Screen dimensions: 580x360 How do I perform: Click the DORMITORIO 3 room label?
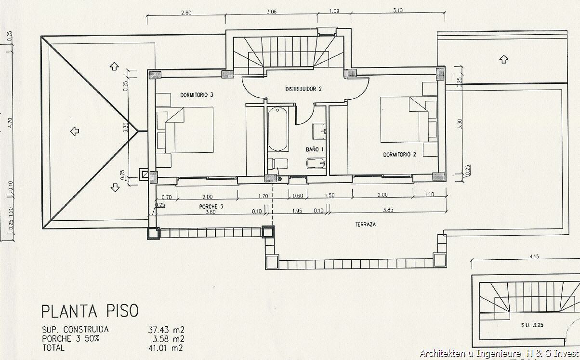coord(197,95)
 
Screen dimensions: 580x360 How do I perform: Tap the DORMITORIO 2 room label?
coord(399,155)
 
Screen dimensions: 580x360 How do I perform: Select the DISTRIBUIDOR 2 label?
coord(303,89)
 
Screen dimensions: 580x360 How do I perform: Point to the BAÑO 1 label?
coord(315,149)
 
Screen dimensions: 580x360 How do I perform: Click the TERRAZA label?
coord(365,225)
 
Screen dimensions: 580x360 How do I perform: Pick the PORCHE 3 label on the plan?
coord(211,207)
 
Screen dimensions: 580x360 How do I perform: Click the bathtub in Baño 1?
coord(277,129)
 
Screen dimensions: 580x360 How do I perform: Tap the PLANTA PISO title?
coord(90,311)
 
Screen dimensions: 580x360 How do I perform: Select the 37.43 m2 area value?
coord(166,330)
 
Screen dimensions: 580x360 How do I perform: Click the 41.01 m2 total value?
coord(166,348)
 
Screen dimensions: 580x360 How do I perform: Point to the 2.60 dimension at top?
coord(186,13)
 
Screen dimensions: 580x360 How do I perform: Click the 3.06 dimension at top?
coord(272,12)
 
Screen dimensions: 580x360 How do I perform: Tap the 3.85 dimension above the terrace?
coord(388,210)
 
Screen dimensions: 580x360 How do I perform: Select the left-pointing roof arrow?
coord(75,131)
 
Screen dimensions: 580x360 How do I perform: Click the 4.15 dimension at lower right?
coord(534,256)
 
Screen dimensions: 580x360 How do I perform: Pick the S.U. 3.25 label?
coord(532,325)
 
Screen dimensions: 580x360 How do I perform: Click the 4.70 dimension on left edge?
coord(10,122)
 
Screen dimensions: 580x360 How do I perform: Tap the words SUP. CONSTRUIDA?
coord(75,330)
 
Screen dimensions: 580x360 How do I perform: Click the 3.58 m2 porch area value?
coord(168,339)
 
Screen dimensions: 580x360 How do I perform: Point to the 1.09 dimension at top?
coord(334,11)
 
